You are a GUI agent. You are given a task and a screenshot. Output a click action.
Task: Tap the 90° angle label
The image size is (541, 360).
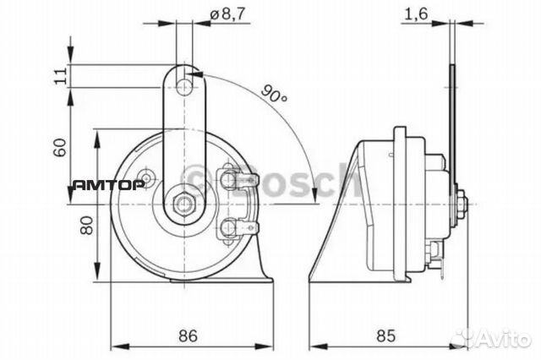pyautogui.click(x=273, y=93)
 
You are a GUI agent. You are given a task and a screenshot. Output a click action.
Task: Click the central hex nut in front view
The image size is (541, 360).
pyautogui.click(x=183, y=203)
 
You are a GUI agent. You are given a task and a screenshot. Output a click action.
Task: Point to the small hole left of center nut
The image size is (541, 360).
pyautogui.click(x=149, y=178)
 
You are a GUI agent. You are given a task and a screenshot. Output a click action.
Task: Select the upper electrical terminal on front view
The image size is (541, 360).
pyautogui.click(x=229, y=178)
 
